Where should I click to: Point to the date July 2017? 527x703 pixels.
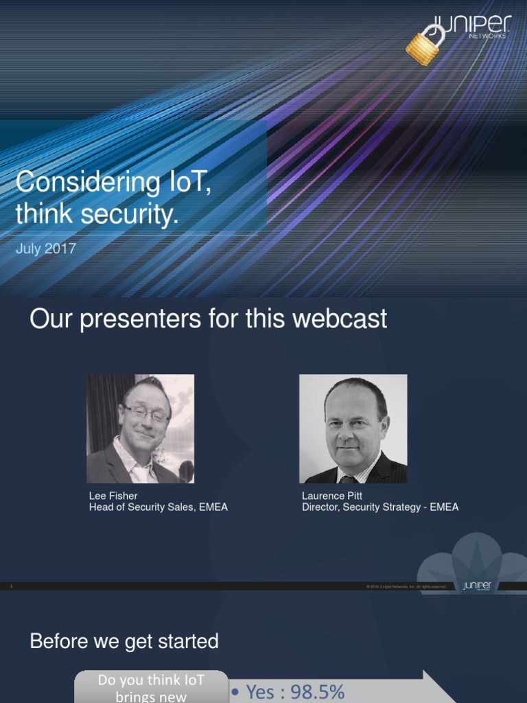pos(45,249)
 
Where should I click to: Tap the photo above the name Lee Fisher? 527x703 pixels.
pos(140,428)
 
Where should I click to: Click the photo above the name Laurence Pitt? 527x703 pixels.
pos(353,428)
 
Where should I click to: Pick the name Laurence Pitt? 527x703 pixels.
pos(332,496)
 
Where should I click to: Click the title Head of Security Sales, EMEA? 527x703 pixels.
pos(159,507)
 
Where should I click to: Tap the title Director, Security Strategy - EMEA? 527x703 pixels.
pos(380,507)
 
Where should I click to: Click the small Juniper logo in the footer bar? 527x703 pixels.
pos(476,586)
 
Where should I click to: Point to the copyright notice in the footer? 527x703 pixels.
pos(406,586)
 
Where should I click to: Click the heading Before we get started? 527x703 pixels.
pos(124,641)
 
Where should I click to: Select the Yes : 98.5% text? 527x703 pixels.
pos(288,691)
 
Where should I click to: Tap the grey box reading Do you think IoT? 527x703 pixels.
pos(151,687)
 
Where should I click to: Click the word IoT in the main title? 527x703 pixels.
pos(185,183)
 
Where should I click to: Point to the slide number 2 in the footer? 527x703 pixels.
pos(12,586)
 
